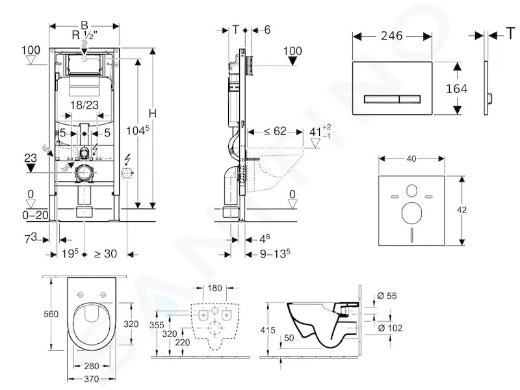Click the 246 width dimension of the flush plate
pos(392,36)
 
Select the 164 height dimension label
pos(456,88)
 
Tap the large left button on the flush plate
pos(382,99)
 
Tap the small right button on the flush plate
pos(410,99)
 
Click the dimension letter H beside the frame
pos(152,113)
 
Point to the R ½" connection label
pos(84,35)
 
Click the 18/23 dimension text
pos(84,105)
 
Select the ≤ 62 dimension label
pos(275,131)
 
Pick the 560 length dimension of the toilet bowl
pos(51,314)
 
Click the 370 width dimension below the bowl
pos(91,379)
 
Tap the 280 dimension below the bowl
pos(91,366)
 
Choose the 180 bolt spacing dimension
pos(214,288)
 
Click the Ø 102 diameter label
pos(390,328)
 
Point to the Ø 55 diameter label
pos(387,296)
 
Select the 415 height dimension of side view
pos(268,330)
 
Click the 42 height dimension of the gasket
pos(461,209)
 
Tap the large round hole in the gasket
pos(411,213)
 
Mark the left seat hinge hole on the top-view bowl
pos(80,294)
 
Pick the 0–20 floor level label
pos(35,215)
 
